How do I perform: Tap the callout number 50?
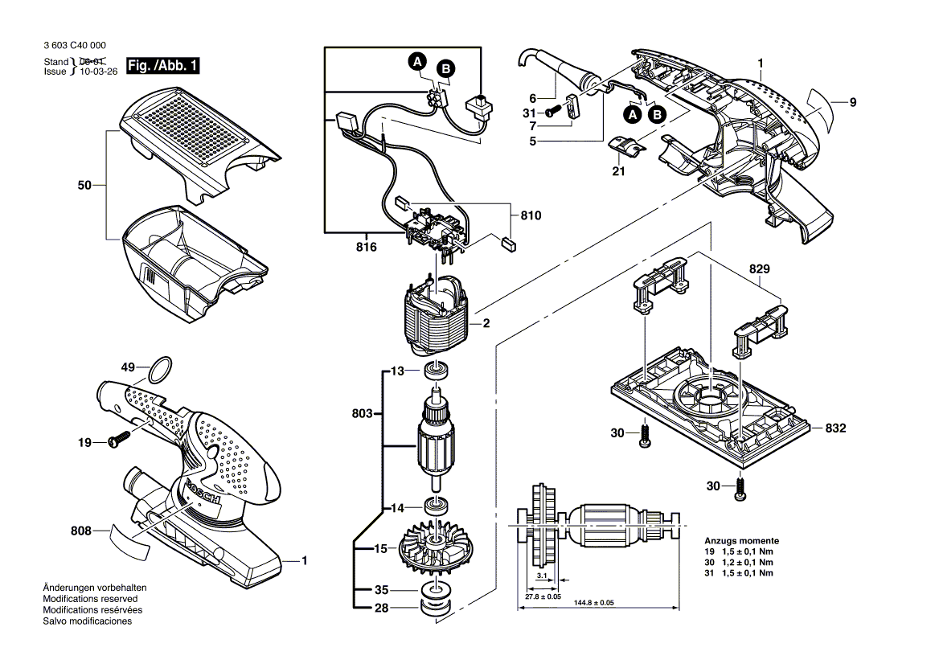[x=85, y=186]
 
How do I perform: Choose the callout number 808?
[x=80, y=531]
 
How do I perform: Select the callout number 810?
[x=531, y=216]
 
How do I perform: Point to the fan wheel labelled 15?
[x=439, y=551]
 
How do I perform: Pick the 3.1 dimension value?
[x=541, y=577]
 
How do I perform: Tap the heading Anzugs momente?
[x=741, y=541]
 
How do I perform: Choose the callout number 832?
[x=835, y=428]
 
